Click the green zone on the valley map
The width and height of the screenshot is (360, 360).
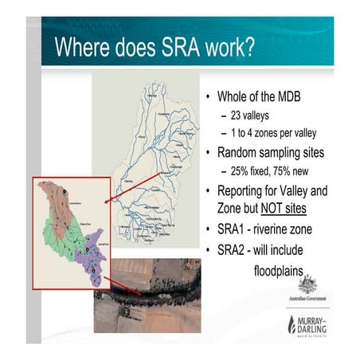click(64, 239)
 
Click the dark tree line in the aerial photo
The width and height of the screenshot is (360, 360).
click(151, 298)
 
